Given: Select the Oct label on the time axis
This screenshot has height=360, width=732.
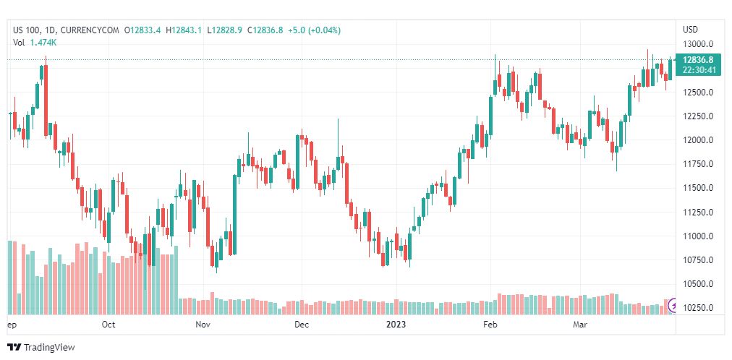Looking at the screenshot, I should click(108, 325).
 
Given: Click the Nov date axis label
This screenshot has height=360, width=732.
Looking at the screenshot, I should click(203, 325).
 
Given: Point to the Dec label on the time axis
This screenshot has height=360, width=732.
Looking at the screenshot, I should click(302, 325).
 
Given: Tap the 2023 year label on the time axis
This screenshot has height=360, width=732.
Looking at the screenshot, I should click(396, 325).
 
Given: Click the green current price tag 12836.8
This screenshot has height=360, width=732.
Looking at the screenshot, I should click(698, 59).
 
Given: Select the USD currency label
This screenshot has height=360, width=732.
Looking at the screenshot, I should click(690, 30).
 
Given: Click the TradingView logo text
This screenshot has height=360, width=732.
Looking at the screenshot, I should click(49, 348).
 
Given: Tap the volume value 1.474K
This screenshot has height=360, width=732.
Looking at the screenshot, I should click(43, 42).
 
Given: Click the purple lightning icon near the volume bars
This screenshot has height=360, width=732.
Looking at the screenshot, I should click(674, 306).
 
